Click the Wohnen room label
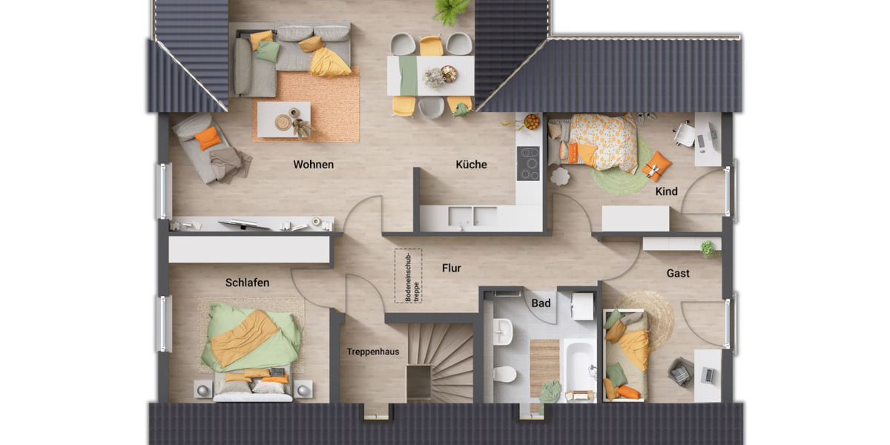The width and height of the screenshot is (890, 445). coord(313,165)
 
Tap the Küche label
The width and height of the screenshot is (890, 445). coord(471,165)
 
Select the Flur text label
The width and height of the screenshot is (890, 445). coord(451,268)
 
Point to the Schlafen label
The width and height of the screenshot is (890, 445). coord(247,283)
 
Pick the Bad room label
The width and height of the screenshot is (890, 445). coord(541,303)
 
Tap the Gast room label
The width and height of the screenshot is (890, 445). coord(677,273)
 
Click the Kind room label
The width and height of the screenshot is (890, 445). coord(666,191)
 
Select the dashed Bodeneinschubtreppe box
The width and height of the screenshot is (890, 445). coord(407,275)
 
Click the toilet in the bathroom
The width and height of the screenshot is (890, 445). coord(504,373)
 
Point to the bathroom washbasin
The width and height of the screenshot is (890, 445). coord(502,330)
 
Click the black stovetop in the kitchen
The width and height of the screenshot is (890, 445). coord(528,163)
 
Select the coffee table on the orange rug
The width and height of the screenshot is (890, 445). coord(283,119)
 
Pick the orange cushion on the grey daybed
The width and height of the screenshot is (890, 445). coord(208,137)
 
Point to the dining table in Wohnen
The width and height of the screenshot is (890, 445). coord(430,76)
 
